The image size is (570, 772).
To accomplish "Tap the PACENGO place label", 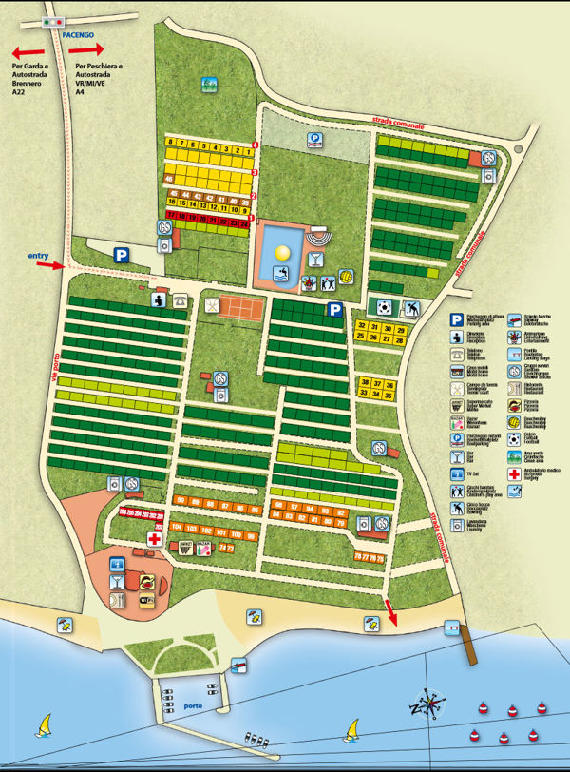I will pos(78,32).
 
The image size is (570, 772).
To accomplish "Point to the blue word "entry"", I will pos(38,255).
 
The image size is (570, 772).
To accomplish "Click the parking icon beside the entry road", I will pos(122,255).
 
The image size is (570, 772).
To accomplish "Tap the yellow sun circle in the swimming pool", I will pos(282,252).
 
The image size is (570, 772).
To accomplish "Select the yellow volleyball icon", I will pos(347,276).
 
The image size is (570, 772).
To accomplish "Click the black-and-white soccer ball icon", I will pos(382,307).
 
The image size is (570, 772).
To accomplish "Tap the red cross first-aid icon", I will pos(153,539).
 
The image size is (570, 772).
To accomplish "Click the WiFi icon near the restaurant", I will pos(146,601).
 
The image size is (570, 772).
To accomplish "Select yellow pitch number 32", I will pos(361,327).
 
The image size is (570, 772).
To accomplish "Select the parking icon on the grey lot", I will pos(313,139).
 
